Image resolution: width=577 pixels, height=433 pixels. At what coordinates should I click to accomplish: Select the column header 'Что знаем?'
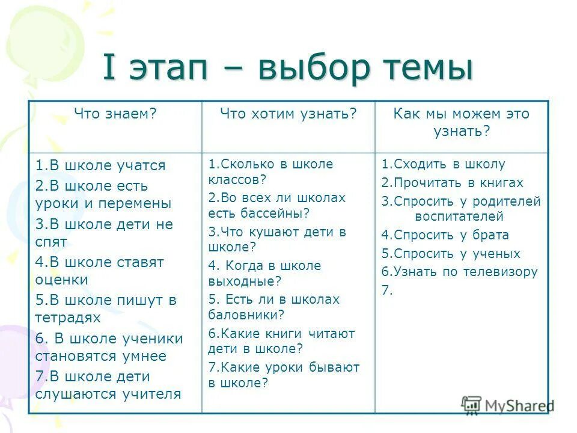tap(115, 114)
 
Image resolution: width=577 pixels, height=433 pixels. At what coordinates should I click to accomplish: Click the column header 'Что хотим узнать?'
tap(288, 114)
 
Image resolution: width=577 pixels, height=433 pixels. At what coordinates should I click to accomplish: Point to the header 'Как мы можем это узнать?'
tap(462, 122)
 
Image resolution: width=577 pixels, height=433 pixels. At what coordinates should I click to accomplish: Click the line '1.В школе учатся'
tap(100, 165)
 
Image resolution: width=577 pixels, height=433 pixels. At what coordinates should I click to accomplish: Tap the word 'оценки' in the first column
tap(62, 280)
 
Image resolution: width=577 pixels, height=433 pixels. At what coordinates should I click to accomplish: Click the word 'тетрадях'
tap(68, 318)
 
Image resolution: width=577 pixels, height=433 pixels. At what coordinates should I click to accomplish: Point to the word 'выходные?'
tap(245, 280)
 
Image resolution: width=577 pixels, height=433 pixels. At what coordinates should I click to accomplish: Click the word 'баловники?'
tap(246, 314)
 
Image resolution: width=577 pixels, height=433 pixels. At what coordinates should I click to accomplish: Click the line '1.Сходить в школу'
tap(443, 164)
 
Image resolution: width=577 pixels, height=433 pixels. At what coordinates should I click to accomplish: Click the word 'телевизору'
tap(505, 272)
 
